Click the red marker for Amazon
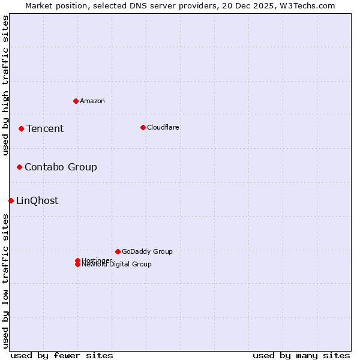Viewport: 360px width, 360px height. (x=76, y=101)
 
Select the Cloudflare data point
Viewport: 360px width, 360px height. (x=143, y=127)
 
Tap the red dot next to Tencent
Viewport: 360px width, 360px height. (x=21, y=128)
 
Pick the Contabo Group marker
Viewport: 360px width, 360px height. (x=19, y=167)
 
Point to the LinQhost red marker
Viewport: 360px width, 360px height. (x=11, y=200)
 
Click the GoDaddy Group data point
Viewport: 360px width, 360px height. (x=118, y=251)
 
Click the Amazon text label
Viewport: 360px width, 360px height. (x=92, y=101)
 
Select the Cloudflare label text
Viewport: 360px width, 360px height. (x=163, y=127)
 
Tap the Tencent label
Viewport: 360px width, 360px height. (x=45, y=128)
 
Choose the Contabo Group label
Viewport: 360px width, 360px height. (x=61, y=167)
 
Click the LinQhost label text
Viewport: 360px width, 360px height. (x=37, y=200)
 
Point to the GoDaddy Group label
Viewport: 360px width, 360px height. (x=147, y=251)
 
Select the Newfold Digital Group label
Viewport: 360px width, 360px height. (x=117, y=265)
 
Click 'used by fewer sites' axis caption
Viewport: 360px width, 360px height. (x=62, y=355)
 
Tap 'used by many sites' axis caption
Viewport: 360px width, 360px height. (x=301, y=355)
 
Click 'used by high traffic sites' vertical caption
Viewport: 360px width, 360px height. (x=5, y=85)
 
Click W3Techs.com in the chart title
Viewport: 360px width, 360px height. (x=305, y=5)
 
